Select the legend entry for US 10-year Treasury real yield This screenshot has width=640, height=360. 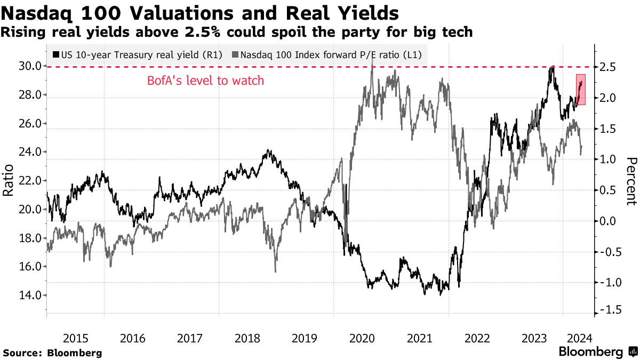pyautogui.click(x=138, y=54)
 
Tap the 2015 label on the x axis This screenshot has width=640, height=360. pyautogui.click(x=75, y=338)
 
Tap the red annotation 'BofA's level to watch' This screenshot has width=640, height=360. pyautogui.click(x=205, y=82)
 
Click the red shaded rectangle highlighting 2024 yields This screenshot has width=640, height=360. pyautogui.click(x=581, y=89)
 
